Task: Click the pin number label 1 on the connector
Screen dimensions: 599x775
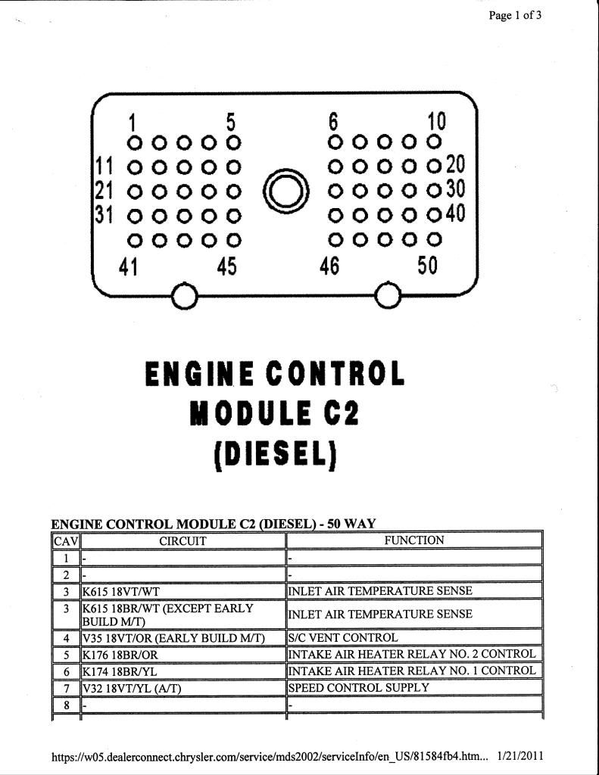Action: point(132,123)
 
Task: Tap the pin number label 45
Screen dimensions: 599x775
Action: point(227,266)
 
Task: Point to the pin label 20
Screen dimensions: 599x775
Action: point(456,164)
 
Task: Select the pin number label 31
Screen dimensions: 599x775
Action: point(104,214)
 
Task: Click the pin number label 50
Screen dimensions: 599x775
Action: point(427,266)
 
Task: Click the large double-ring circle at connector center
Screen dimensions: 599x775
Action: point(286,191)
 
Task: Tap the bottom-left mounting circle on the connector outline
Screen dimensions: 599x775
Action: point(185,296)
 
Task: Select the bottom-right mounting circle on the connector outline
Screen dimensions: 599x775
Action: point(388,296)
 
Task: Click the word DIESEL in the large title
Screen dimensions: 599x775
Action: point(276,454)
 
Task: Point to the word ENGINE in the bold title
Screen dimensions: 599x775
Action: point(199,374)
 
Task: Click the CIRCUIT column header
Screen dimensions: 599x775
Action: point(183,540)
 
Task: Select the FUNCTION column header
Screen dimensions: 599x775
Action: point(414,540)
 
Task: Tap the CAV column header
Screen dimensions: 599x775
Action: point(66,541)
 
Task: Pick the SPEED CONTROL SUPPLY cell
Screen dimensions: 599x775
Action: point(359,687)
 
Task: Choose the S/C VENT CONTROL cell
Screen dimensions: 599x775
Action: point(343,637)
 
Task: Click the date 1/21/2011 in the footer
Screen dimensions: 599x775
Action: point(519,756)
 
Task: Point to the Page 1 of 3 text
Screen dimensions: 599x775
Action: point(515,15)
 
